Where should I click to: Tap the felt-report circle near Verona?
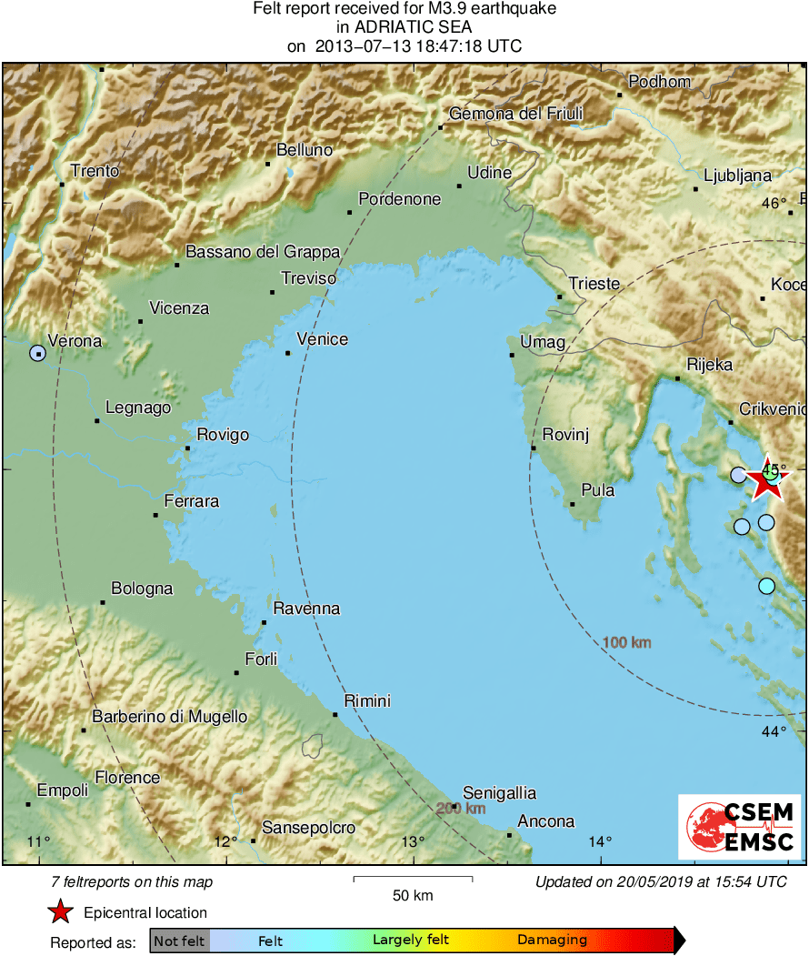tap(37, 353)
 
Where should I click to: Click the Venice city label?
tap(323, 339)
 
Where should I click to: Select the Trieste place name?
tap(594, 284)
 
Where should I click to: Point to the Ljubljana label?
tap(737, 176)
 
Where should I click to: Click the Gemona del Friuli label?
tap(516, 114)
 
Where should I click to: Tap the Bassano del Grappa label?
tap(263, 252)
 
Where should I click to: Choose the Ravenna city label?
tap(306, 609)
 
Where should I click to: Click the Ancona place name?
tap(546, 821)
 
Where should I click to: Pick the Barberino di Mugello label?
tap(170, 717)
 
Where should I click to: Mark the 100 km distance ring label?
tap(626, 643)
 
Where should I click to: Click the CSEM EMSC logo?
tap(740, 827)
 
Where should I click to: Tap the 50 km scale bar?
tap(413, 879)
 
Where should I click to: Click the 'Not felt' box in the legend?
tap(180, 941)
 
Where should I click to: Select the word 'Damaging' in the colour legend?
tap(552, 941)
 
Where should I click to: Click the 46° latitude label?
tap(774, 203)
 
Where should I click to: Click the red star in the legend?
tap(60, 911)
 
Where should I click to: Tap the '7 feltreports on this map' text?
tap(133, 881)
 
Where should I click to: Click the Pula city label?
tap(597, 490)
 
